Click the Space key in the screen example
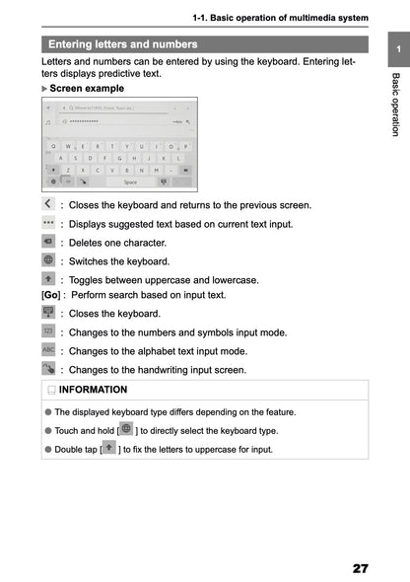click(130, 182)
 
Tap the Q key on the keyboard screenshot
click(54, 145)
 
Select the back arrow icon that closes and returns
click(49, 204)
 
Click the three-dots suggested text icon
click(49, 224)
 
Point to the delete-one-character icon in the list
click(49, 242)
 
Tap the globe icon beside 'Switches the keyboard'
click(49, 260)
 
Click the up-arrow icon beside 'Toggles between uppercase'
click(49, 279)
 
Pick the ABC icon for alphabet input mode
click(49, 350)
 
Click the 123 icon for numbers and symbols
click(49, 331)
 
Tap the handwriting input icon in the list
click(49, 369)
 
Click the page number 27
click(359, 568)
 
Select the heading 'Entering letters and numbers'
click(122, 44)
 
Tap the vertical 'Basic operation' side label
click(395, 104)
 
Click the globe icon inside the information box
click(125, 429)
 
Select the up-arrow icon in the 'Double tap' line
click(108, 449)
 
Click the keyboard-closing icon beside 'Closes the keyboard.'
click(49, 313)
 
